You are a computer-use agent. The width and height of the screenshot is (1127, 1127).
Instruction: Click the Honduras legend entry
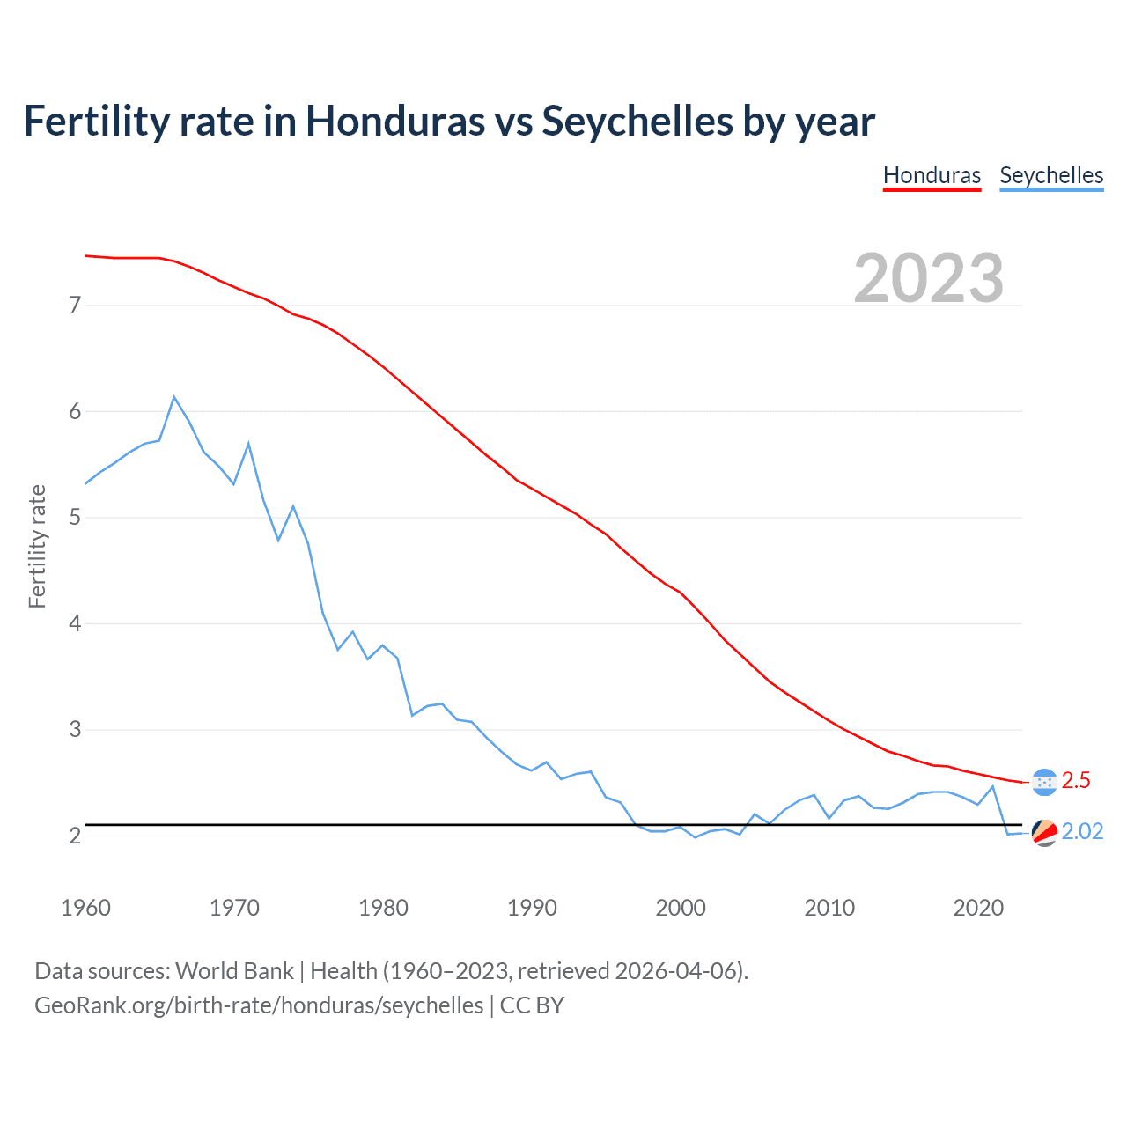click(932, 175)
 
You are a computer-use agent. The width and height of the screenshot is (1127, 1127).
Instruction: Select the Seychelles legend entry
click(1051, 175)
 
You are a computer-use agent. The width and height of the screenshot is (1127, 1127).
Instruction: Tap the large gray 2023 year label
click(929, 278)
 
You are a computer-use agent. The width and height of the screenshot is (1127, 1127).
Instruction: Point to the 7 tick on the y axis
click(76, 306)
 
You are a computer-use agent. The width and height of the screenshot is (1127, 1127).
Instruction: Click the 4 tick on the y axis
click(76, 623)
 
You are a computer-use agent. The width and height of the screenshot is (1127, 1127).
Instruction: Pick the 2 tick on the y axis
click(76, 836)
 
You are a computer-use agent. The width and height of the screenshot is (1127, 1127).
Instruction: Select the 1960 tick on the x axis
click(85, 908)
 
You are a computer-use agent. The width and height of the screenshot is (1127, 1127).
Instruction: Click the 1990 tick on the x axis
click(532, 908)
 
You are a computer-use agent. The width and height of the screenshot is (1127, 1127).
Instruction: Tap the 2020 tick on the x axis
click(978, 908)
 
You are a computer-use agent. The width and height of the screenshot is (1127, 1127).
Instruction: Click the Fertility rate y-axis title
click(37, 546)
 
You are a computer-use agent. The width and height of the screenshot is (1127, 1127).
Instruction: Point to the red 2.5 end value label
click(1076, 780)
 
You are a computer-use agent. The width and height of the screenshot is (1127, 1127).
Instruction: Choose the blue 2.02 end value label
click(1082, 832)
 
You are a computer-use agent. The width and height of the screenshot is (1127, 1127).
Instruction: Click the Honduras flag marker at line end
click(1044, 782)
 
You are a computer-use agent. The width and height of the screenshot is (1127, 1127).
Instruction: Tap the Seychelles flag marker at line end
click(1044, 832)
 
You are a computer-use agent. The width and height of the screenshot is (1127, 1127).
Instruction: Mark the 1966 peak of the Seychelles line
click(174, 397)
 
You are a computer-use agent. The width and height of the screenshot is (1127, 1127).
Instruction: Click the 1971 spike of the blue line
click(248, 444)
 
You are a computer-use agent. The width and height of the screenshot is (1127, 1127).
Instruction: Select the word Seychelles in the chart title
click(637, 121)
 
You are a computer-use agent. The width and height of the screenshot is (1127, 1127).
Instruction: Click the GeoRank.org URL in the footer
click(259, 1005)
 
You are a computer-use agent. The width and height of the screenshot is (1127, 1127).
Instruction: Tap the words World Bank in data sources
click(234, 971)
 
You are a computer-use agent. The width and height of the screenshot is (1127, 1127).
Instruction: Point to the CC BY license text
click(532, 1005)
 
